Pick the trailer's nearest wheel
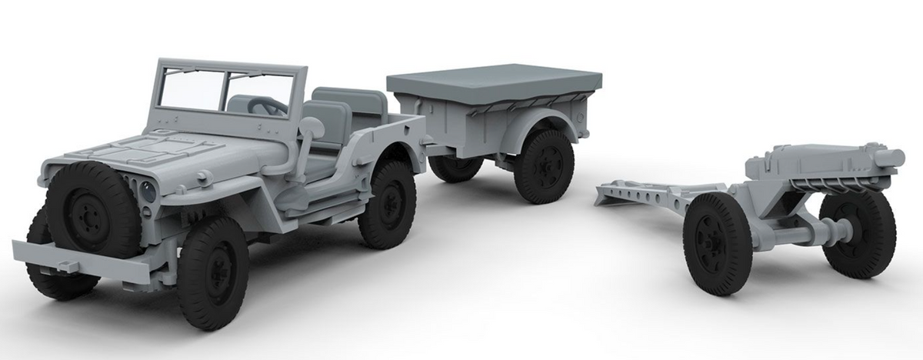tap(544, 166)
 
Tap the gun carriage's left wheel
tap(717, 242)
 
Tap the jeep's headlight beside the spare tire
tap(148, 191)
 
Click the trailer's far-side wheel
tap(454, 167)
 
